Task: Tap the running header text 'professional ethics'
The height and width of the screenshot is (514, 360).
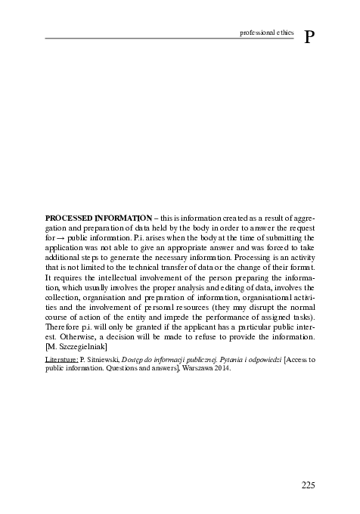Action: (x=267, y=33)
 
